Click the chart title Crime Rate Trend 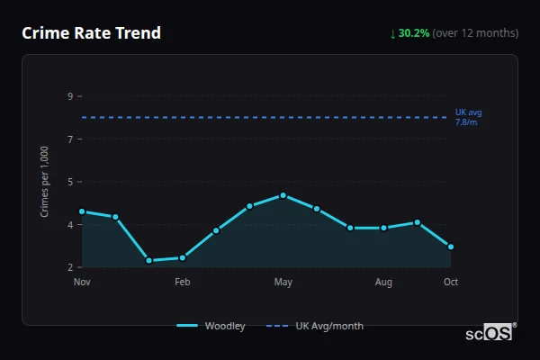(x=91, y=33)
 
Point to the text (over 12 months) (x=475, y=33)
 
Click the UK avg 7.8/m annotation (x=468, y=117)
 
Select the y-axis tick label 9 (x=69, y=96)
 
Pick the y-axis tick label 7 (x=69, y=139)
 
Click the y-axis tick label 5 (x=69, y=182)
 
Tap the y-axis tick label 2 (x=69, y=267)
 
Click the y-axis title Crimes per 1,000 (x=45, y=181)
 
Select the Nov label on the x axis (x=82, y=283)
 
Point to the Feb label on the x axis (x=183, y=283)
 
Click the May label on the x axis (x=283, y=283)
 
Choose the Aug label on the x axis (x=384, y=283)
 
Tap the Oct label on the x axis (x=451, y=283)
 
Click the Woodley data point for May (x=283, y=195)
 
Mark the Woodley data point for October (x=451, y=247)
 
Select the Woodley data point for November (x=82, y=211)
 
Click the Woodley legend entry (x=211, y=326)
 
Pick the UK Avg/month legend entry (x=316, y=326)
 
